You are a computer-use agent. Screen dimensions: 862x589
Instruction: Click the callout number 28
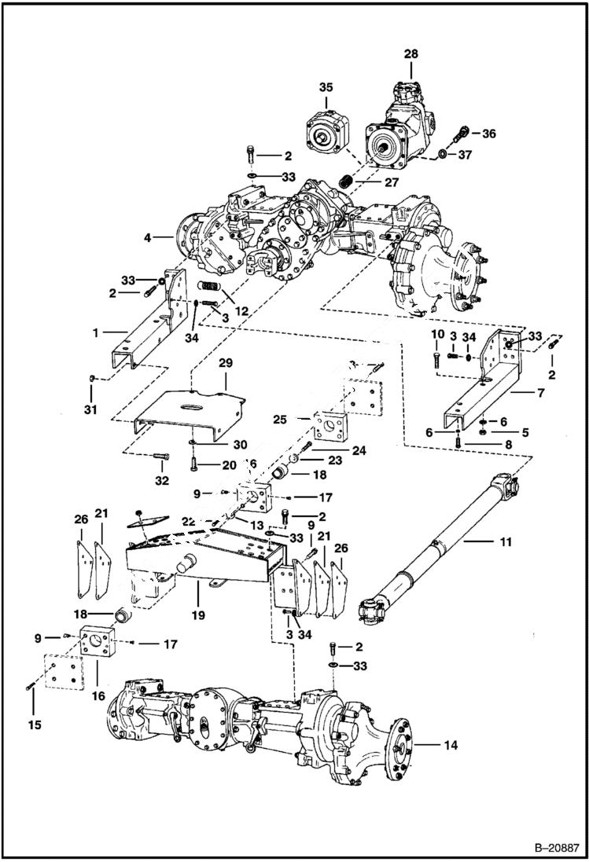coord(410,53)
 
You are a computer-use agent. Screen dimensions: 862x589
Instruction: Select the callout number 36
coord(489,134)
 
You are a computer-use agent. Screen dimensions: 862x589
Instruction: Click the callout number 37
coord(464,155)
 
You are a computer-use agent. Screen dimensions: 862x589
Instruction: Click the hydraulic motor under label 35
coord(326,132)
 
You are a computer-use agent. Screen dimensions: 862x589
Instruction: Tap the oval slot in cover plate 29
coord(192,407)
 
